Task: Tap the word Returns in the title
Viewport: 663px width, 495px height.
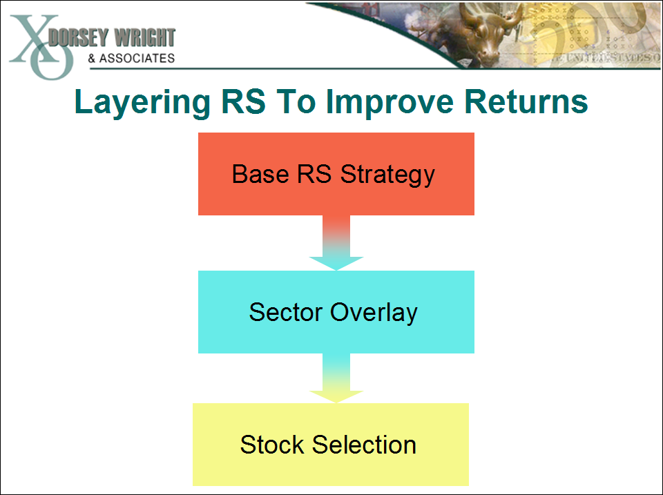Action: coord(527,101)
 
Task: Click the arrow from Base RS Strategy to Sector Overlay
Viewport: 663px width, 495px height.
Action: coord(336,242)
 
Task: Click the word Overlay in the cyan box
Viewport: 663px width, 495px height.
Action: coord(374,312)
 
